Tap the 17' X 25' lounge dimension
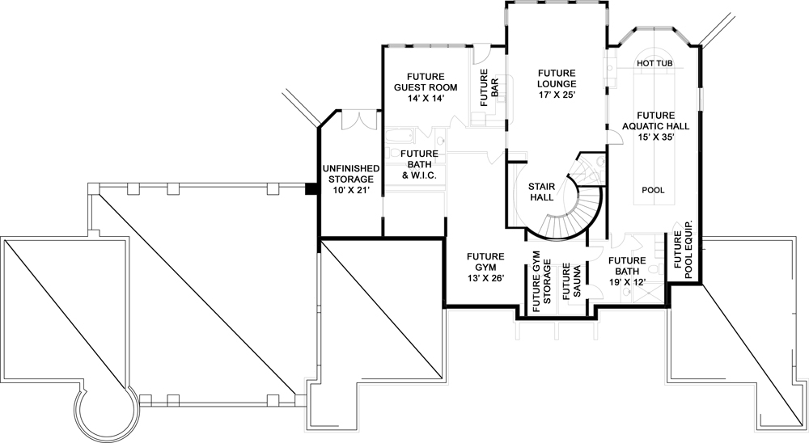click(x=557, y=95)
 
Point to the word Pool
click(x=653, y=191)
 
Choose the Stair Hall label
click(x=541, y=191)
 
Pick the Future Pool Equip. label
click(x=683, y=255)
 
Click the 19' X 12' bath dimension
click(x=627, y=282)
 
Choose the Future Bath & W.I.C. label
click(x=419, y=164)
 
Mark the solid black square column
click(x=311, y=189)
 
